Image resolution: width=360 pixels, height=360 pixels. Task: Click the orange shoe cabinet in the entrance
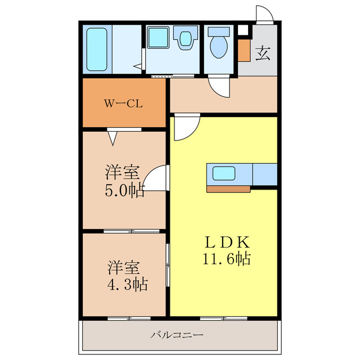pyautogui.click(x=244, y=50)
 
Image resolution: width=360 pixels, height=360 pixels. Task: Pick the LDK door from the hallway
pyautogui.click(x=183, y=127)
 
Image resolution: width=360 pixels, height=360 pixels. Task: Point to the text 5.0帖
pyautogui.click(x=124, y=190)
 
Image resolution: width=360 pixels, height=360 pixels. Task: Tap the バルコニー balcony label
pyautogui.click(x=177, y=335)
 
